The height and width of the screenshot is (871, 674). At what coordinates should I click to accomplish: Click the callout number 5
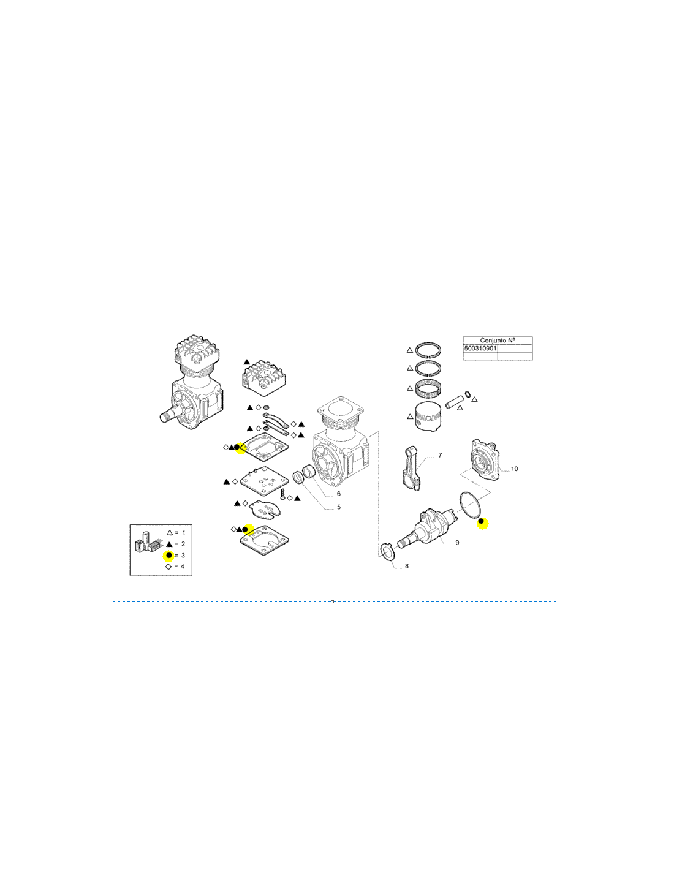(x=339, y=507)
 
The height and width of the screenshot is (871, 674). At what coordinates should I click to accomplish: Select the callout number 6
(x=339, y=494)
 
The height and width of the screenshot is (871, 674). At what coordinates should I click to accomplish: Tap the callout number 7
(x=440, y=455)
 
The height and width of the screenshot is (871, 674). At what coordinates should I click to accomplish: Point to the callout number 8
(x=407, y=566)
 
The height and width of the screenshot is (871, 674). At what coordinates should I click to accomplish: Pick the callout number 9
(x=457, y=542)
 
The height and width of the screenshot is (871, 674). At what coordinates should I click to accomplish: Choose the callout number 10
(x=515, y=469)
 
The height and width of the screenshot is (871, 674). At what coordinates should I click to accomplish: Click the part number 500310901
(x=480, y=349)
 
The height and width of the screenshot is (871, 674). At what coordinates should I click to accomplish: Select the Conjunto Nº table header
(x=498, y=341)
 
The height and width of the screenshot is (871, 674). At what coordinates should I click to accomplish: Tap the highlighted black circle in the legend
(x=168, y=555)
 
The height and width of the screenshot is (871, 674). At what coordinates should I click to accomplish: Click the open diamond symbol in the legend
(x=168, y=567)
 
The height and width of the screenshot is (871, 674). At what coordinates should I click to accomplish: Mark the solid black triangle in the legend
(x=169, y=544)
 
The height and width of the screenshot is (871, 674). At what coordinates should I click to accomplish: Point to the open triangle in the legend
(x=169, y=533)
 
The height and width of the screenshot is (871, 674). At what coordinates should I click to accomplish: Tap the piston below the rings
(x=428, y=417)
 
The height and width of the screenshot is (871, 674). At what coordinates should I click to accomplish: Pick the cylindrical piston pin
(x=454, y=401)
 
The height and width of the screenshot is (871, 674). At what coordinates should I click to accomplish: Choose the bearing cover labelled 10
(x=485, y=460)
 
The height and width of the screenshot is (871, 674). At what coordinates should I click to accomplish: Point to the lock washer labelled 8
(x=387, y=552)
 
